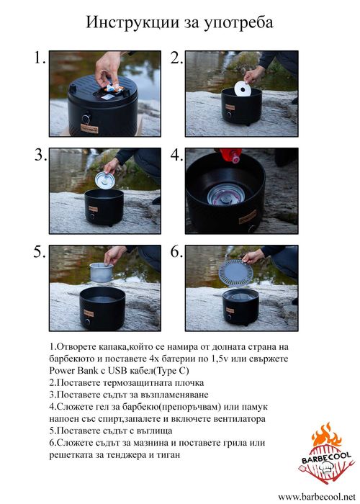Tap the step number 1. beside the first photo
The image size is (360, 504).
coord(40,59)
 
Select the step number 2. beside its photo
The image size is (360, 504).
coord(177,59)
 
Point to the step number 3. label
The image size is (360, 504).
coord(40,156)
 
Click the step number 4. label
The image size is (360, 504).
coord(177,156)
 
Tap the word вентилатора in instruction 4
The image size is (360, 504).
coord(236,418)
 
